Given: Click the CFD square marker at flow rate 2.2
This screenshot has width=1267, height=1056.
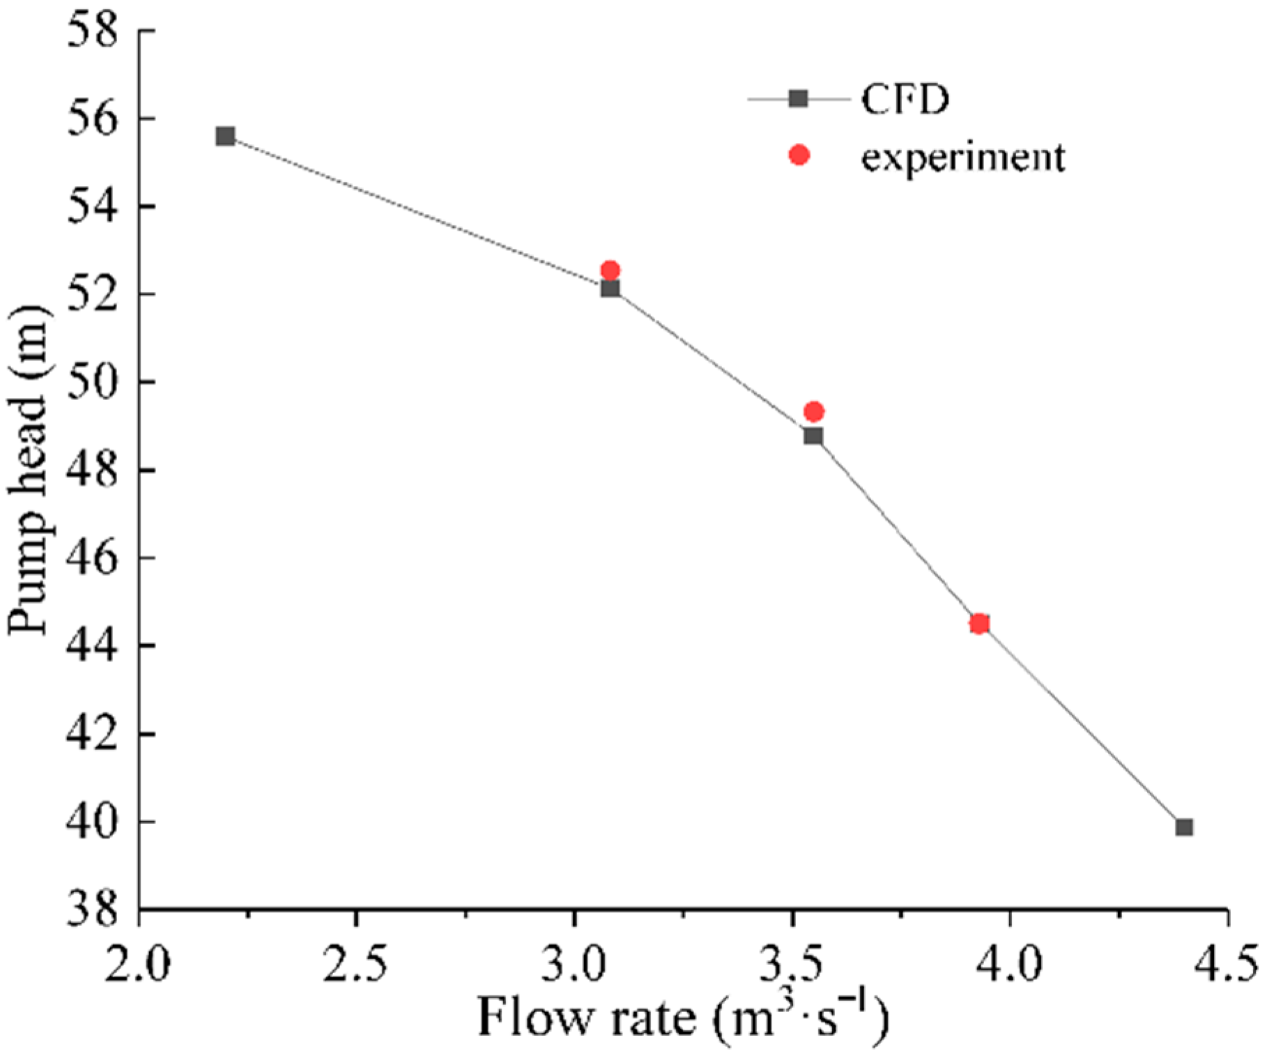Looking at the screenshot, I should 225,136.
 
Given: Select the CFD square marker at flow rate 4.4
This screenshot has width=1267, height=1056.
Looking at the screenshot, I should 1184,827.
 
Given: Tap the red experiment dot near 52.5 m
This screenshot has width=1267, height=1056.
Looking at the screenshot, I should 610,270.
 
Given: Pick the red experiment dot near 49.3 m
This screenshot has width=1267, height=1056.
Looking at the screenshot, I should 813,411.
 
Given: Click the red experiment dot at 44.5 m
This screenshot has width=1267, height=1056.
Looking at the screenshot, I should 979,623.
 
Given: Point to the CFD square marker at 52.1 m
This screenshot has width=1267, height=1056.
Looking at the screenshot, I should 610,288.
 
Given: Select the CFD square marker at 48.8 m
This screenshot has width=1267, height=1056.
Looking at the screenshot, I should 813,436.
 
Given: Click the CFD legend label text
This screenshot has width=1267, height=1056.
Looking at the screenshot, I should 905,99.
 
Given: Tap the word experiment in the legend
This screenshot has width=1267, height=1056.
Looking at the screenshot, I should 962,157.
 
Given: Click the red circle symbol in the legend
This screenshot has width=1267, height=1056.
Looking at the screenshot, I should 799,155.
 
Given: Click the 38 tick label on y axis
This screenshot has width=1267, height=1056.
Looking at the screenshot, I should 91,910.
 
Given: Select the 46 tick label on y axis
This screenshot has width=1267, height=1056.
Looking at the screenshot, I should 91,558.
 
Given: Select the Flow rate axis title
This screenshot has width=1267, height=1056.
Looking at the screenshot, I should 683,1018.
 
